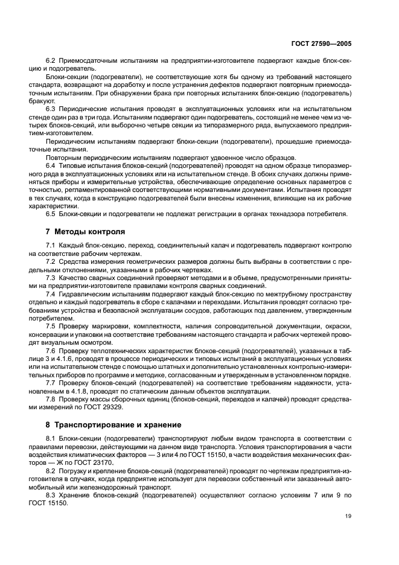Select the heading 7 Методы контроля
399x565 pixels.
85,231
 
